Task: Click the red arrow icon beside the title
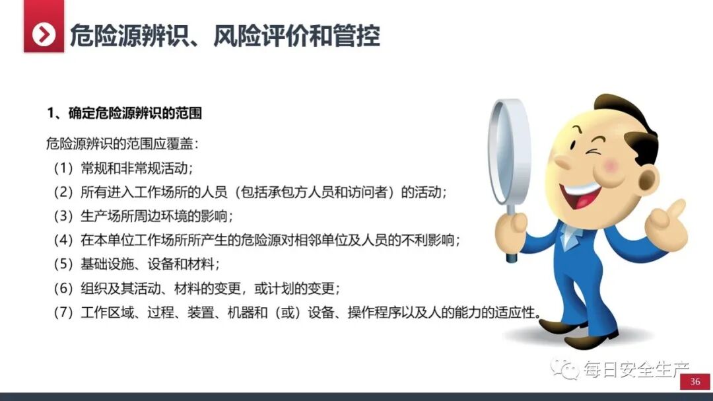[44, 34]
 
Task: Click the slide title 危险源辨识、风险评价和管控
[224, 35]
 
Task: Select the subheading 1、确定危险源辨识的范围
[124, 113]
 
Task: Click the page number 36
[695, 382]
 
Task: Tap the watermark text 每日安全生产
[635, 370]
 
